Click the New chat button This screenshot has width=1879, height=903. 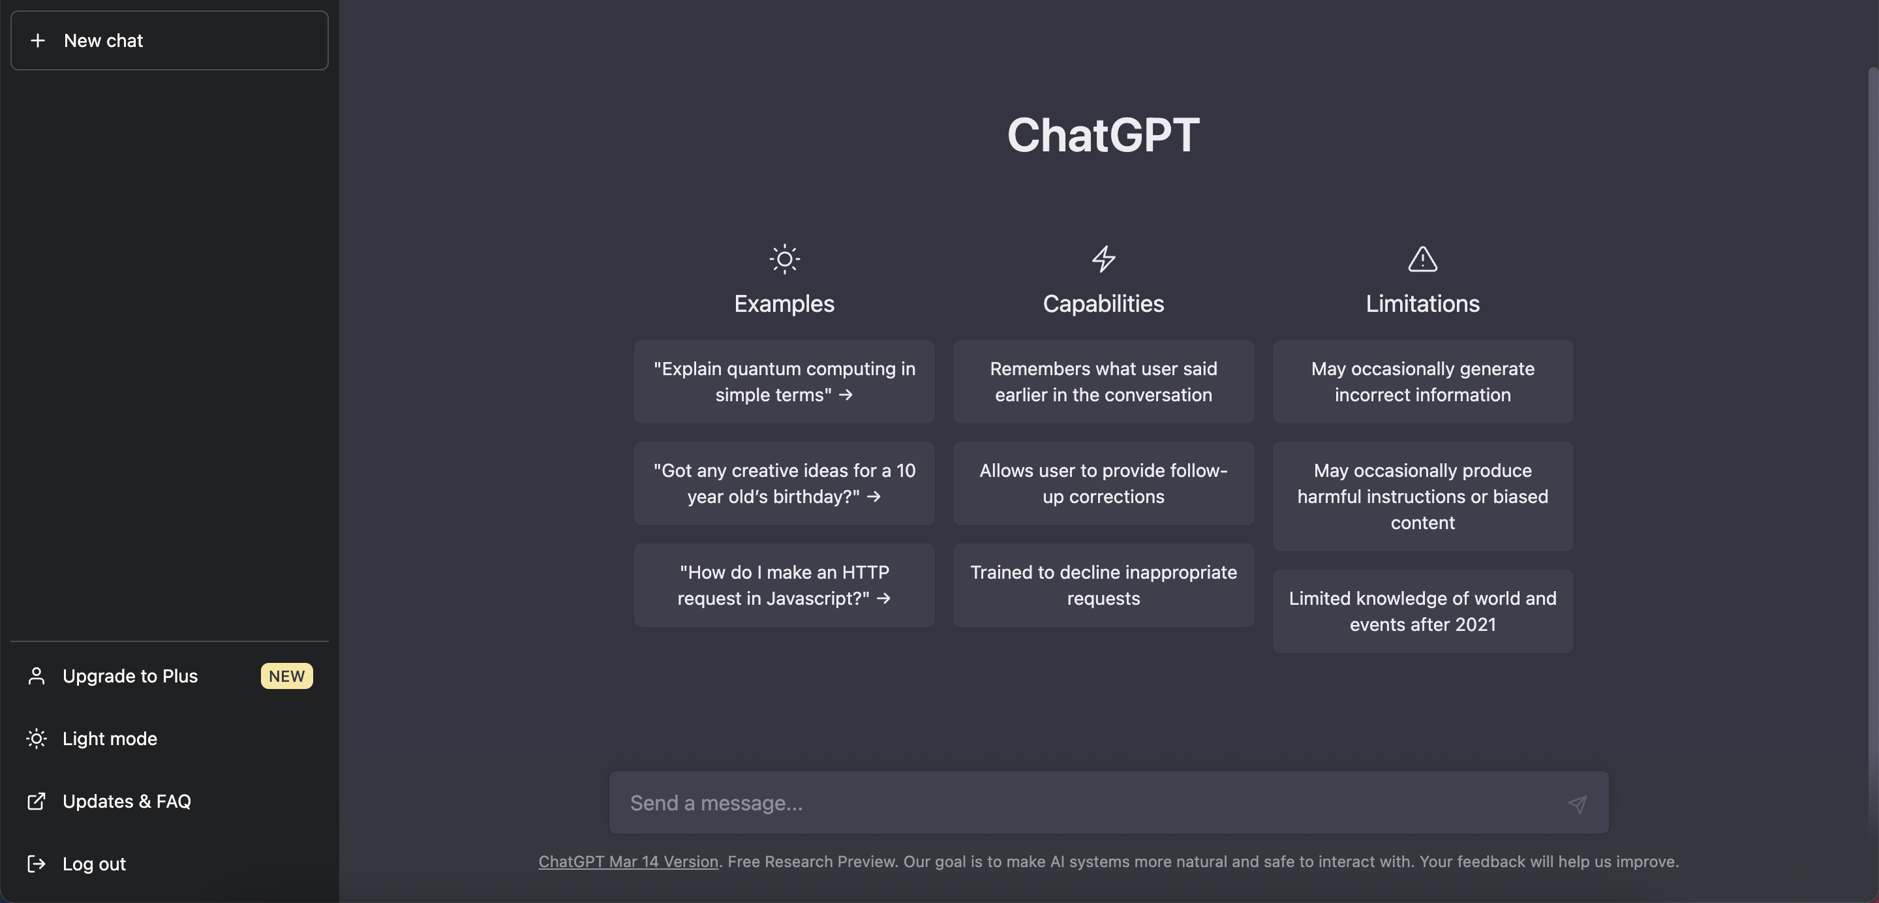coord(169,40)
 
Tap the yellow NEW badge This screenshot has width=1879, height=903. coord(286,676)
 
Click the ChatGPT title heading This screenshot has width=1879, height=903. coord(1103,135)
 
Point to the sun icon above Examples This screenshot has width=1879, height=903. coord(784,259)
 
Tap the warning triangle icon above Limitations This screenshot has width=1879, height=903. coord(1422,259)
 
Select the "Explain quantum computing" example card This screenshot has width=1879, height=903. coord(784,382)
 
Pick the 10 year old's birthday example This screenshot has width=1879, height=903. coord(784,483)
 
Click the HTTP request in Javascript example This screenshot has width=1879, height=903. coord(784,585)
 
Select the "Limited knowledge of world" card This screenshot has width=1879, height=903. coord(1423,611)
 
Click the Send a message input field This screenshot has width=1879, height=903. coord(1094,803)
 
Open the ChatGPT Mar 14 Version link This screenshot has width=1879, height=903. coord(628,862)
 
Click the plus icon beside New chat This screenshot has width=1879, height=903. coord(38,40)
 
